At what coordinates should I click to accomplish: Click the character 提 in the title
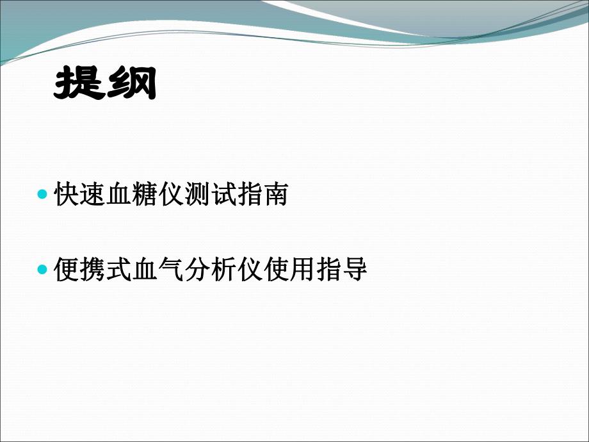pos(79,85)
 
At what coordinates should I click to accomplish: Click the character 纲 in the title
pos(131,85)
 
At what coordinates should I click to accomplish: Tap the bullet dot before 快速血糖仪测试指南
pos(43,194)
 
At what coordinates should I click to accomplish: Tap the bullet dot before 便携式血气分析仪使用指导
pos(43,270)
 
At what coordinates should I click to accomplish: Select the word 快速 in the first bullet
pos(81,195)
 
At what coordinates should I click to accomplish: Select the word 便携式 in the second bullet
pos(93,270)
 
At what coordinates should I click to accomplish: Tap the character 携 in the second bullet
pos(93,270)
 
